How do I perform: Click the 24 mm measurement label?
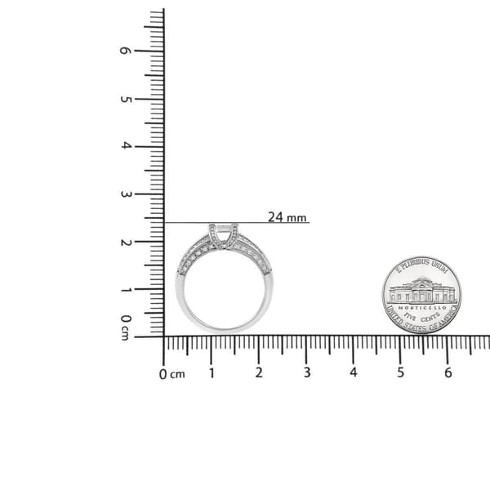[287, 217]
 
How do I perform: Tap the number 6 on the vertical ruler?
[125, 51]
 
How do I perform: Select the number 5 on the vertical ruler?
[125, 100]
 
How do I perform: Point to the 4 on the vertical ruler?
[126, 145]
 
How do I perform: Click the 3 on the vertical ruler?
[125, 194]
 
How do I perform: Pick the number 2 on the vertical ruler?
[126, 243]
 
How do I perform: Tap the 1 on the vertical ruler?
[126, 290]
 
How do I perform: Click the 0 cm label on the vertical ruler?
[125, 327]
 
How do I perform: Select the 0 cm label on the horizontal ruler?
[171, 374]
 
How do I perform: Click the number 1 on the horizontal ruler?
[212, 373]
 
